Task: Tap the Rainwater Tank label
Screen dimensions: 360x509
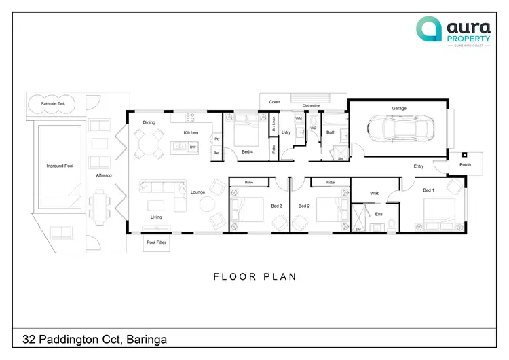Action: tap(53, 103)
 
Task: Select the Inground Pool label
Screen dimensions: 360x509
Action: tap(60, 166)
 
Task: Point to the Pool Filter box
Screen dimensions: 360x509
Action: tap(157, 242)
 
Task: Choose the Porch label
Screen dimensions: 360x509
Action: tap(465, 164)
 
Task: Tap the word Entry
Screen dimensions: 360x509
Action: tap(419, 166)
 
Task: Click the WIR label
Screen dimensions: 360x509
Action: tap(373, 194)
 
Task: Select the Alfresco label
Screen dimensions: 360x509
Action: tap(103, 176)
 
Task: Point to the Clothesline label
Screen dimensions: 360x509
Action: tap(311, 106)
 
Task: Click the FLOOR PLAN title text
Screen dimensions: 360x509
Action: tap(254, 276)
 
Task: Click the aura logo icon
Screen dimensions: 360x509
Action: tap(429, 30)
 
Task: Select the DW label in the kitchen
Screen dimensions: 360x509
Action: tap(193, 147)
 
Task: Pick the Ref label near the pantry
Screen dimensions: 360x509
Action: tap(216, 154)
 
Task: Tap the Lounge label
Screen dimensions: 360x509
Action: tap(197, 192)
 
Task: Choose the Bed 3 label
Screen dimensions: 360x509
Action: tap(276, 206)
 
